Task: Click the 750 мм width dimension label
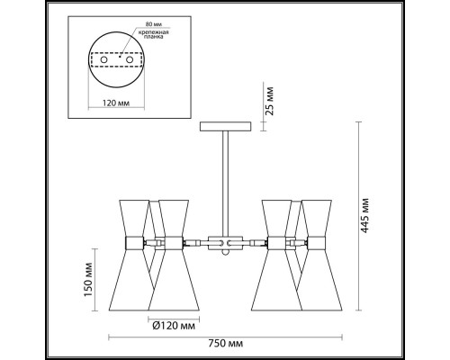(x=225, y=344)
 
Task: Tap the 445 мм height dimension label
(x=364, y=216)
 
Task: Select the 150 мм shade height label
(x=88, y=279)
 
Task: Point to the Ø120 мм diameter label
(x=174, y=326)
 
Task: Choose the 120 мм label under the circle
(x=116, y=103)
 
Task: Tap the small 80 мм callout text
(x=152, y=24)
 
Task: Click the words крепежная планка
(x=153, y=34)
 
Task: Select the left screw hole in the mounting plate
(x=103, y=59)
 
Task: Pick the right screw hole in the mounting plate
(x=130, y=59)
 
